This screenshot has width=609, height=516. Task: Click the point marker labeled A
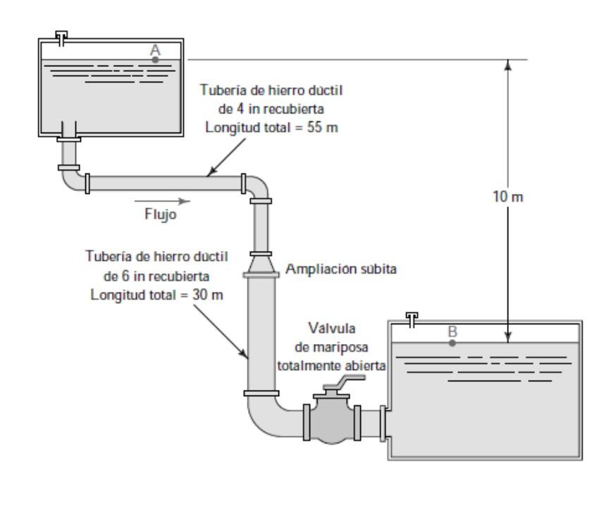156,59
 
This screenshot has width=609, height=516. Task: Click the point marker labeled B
453,343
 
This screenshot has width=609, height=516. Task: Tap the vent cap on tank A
63,35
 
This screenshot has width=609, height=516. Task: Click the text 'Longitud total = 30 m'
156,295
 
